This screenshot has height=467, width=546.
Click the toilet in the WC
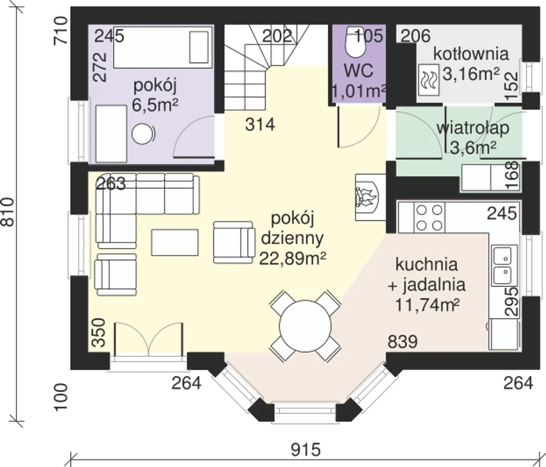coord(355,42)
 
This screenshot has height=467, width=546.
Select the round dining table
coord(305,326)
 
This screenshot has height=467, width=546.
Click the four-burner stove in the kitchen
coord(429,218)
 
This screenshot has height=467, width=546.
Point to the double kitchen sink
coord(504,265)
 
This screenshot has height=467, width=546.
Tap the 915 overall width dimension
coord(305,450)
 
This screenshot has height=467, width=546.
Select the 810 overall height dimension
coord(7,212)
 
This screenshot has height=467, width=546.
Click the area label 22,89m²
coord(293,258)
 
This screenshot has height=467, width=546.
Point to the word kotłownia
coord(471,54)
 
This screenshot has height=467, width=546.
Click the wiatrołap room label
coord(473,128)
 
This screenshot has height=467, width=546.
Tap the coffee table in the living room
coord(174,243)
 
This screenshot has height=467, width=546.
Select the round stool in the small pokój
coord(143,134)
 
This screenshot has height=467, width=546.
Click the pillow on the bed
coord(199,47)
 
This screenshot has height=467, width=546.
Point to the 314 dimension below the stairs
coord(260,125)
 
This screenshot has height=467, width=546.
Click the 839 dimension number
coord(403,342)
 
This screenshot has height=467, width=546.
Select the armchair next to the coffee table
coord(234,243)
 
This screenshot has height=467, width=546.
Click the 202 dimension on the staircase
coord(277,36)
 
